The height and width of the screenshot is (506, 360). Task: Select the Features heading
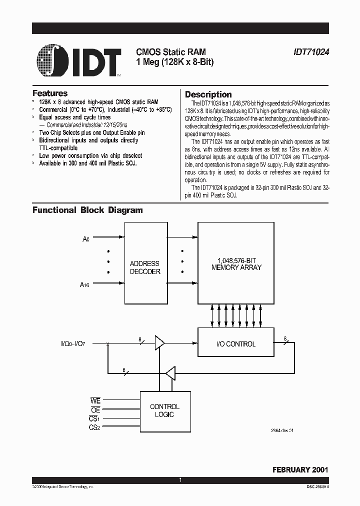click(x=50, y=93)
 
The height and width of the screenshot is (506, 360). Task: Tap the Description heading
click(x=208, y=94)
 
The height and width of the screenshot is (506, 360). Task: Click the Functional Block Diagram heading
click(x=87, y=210)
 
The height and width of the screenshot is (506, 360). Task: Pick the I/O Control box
click(x=236, y=344)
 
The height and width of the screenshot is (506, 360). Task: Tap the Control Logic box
click(x=164, y=410)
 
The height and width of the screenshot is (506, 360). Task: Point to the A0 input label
click(x=85, y=239)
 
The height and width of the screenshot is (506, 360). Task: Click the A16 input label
click(x=85, y=284)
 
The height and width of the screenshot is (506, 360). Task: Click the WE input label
click(x=95, y=401)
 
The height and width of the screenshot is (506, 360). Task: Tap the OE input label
click(x=95, y=410)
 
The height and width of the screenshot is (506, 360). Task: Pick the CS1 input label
click(x=95, y=418)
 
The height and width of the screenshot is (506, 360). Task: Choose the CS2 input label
click(x=95, y=427)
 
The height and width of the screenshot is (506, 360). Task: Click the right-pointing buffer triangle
click(x=159, y=343)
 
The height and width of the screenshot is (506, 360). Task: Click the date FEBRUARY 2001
click(x=300, y=470)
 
